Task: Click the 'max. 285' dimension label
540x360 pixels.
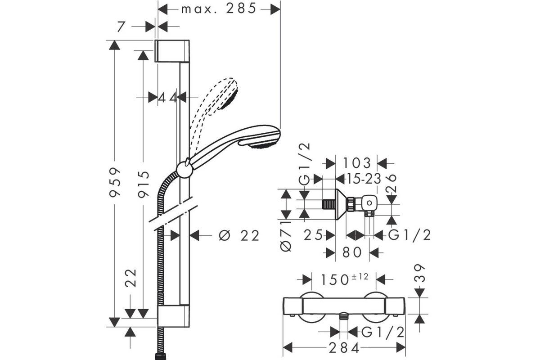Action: [x=218, y=9]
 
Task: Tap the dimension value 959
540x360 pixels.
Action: [x=115, y=182]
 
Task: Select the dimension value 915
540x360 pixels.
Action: [x=144, y=184]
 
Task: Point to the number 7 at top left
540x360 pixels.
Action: [x=121, y=27]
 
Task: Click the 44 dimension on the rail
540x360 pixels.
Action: [x=168, y=98]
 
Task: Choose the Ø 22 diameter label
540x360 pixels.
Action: [x=239, y=235]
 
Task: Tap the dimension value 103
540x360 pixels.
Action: [x=356, y=163]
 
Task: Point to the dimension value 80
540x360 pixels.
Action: [x=352, y=252]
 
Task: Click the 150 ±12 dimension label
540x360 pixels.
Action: [x=344, y=279]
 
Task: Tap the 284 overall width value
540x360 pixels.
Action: [x=344, y=348]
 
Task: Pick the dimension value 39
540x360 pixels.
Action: [x=419, y=273]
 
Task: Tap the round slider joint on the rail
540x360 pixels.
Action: [x=184, y=170]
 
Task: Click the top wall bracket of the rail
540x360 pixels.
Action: [x=172, y=51]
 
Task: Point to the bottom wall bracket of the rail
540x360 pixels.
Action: [x=173, y=316]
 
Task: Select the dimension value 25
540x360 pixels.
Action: [x=313, y=235]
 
